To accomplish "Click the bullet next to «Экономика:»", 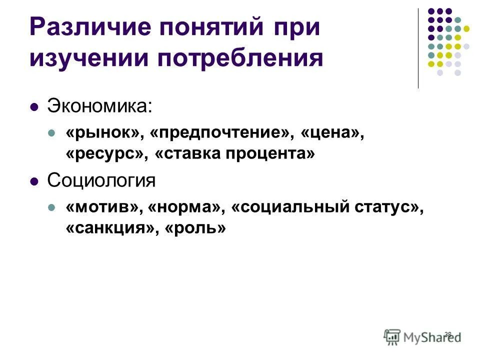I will click(x=34, y=106).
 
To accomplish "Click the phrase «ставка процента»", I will click(x=235, y=154).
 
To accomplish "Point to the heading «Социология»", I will click(x=101, y=180).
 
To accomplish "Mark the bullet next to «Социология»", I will click(x=34, y=181).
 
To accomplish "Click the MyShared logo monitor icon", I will click(x=392, y=336).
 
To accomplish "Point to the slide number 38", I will click(x=447, y=334).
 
